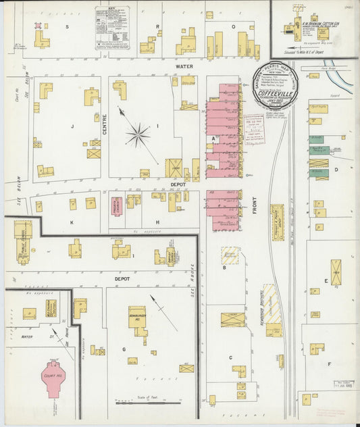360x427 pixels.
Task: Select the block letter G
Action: (x=124, y=349)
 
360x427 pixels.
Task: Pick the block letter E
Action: (x=326, y=280)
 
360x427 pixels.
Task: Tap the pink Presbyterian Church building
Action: (x=116, y=205)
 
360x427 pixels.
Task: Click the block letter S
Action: (x=67, y=26)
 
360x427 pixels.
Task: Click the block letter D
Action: (x=336, y=170)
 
